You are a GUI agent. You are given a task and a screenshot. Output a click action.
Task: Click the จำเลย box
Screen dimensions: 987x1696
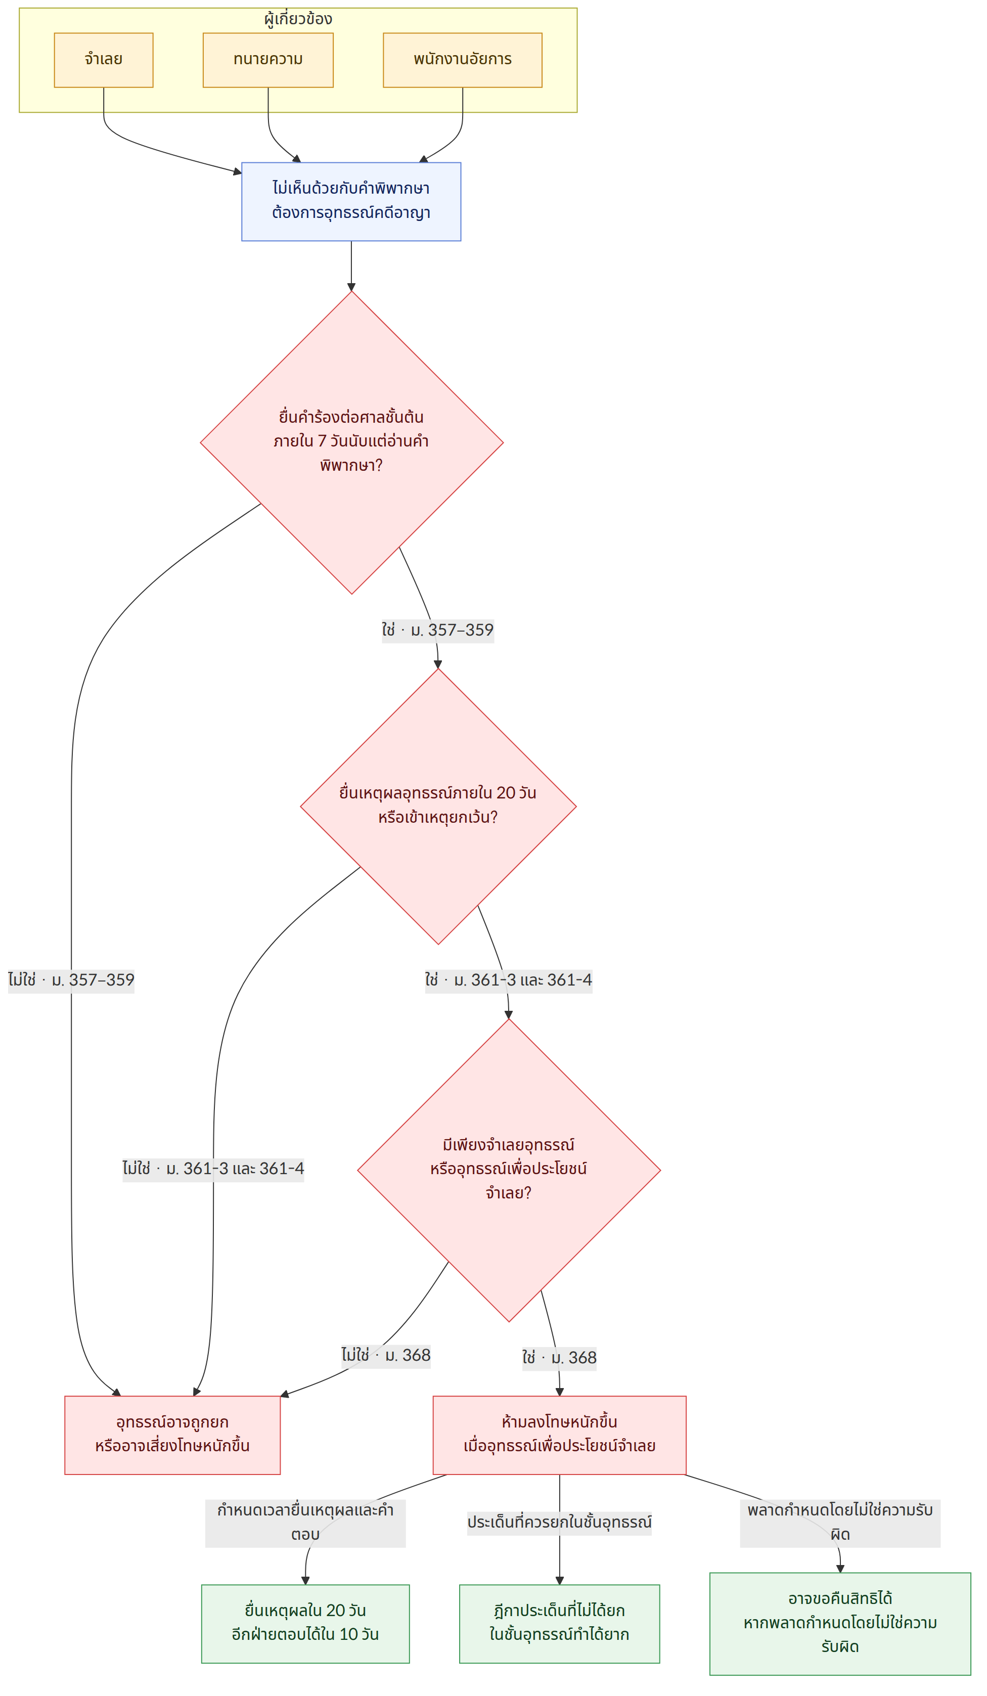104,60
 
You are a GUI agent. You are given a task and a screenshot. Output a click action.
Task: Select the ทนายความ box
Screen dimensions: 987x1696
268,60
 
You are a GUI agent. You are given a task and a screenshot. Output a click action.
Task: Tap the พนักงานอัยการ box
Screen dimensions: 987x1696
462,60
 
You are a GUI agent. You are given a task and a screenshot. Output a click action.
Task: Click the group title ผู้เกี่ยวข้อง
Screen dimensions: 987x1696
298,19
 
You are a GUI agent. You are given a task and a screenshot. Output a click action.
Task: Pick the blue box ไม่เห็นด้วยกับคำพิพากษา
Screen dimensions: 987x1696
351,201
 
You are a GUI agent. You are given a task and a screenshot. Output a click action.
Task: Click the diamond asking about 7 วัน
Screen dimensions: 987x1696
351,442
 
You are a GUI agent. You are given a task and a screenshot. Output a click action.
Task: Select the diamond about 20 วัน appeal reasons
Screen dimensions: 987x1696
438,806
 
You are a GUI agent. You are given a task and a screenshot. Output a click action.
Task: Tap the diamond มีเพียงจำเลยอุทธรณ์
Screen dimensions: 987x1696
509,1170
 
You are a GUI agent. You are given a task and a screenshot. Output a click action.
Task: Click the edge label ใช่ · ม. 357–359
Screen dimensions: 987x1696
438,631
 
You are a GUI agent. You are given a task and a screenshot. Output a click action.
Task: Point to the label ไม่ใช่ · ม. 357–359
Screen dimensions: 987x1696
71,980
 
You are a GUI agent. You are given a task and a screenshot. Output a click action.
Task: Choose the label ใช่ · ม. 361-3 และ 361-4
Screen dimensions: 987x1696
509,980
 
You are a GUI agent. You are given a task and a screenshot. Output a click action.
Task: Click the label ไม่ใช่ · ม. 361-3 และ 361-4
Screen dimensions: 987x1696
213,1169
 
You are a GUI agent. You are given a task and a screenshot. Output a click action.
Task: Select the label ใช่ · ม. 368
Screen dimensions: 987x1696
559,1358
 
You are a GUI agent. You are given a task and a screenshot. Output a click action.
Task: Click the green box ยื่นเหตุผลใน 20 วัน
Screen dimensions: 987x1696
305,1623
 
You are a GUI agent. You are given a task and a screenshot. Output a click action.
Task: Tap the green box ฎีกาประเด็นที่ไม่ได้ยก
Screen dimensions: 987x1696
559,1623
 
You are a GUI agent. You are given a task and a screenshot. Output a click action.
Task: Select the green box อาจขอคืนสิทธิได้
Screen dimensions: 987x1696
840,1623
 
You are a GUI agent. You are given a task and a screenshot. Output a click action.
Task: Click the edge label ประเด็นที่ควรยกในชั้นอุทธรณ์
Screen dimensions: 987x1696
559,1523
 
